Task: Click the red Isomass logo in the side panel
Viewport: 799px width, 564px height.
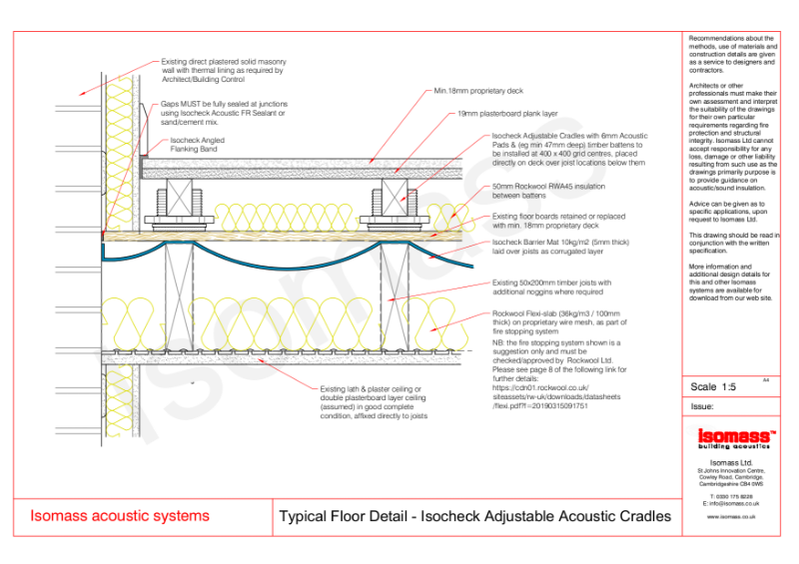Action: coord(731,437)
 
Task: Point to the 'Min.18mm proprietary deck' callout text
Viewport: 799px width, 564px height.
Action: coord(478,91)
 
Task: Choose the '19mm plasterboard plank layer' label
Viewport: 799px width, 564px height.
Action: coord(508,114)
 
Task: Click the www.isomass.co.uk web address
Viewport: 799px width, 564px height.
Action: coord(731,517)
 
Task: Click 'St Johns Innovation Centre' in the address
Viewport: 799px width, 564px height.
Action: coord(731,469)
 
